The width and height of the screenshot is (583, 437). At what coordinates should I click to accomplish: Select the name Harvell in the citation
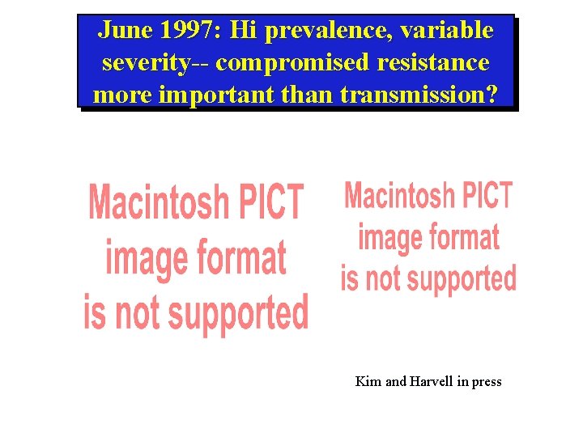tap(431, 381)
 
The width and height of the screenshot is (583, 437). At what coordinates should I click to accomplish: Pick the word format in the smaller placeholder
tap(463, 237)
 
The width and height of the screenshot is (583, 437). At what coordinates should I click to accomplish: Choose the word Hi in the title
tap(241, 31)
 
